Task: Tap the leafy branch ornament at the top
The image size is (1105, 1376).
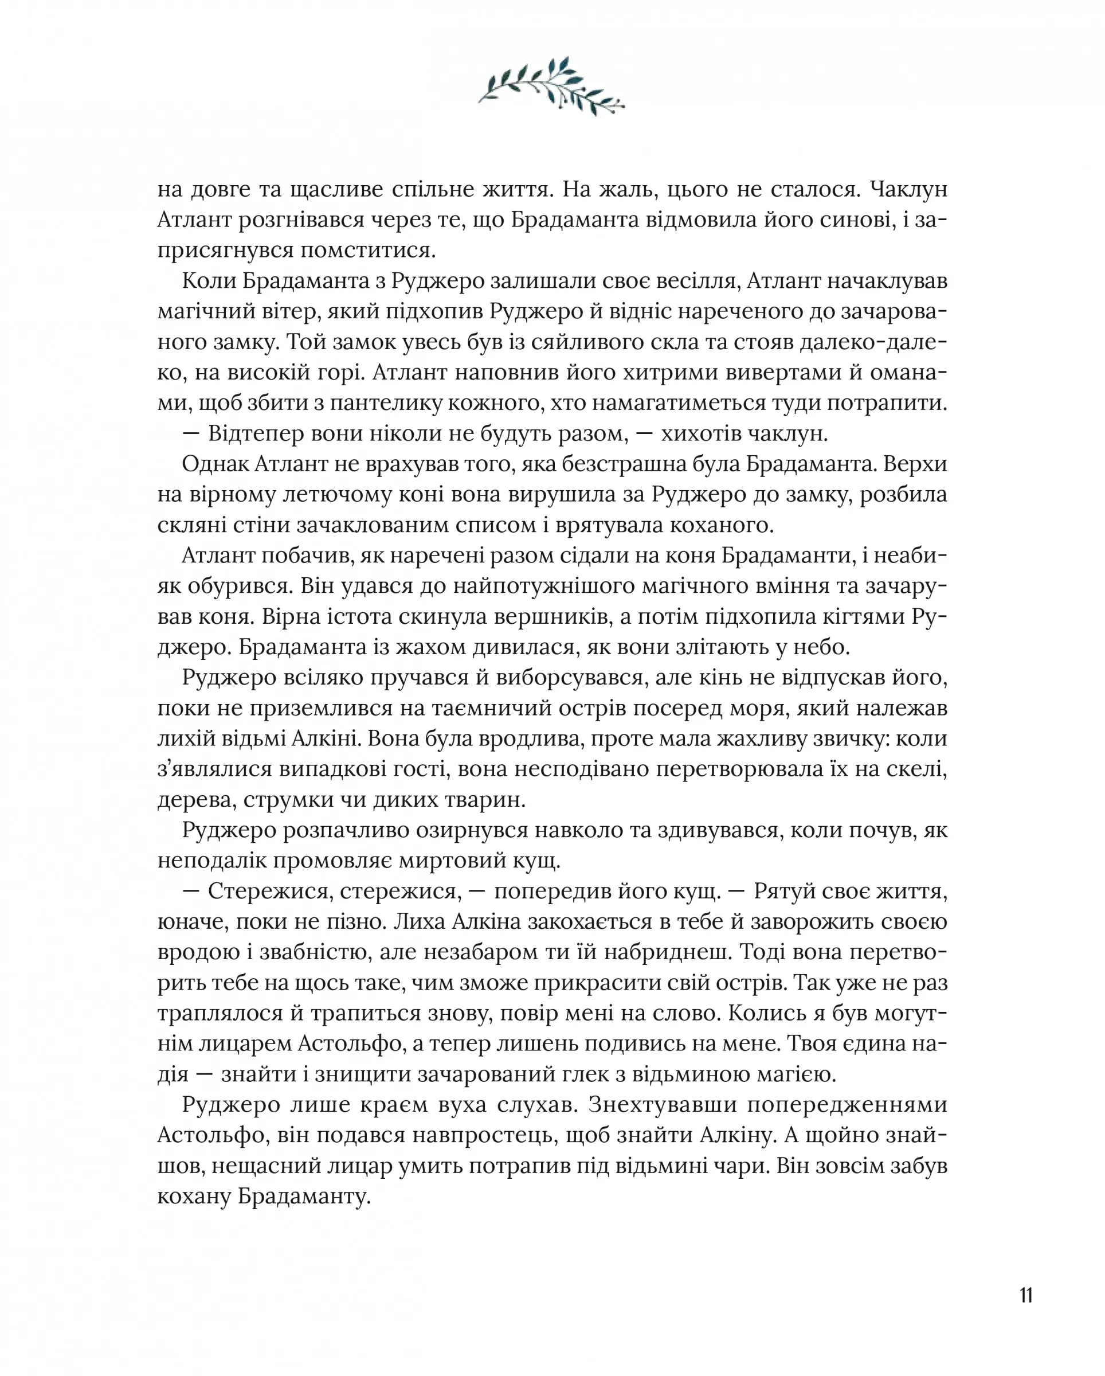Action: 552,87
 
